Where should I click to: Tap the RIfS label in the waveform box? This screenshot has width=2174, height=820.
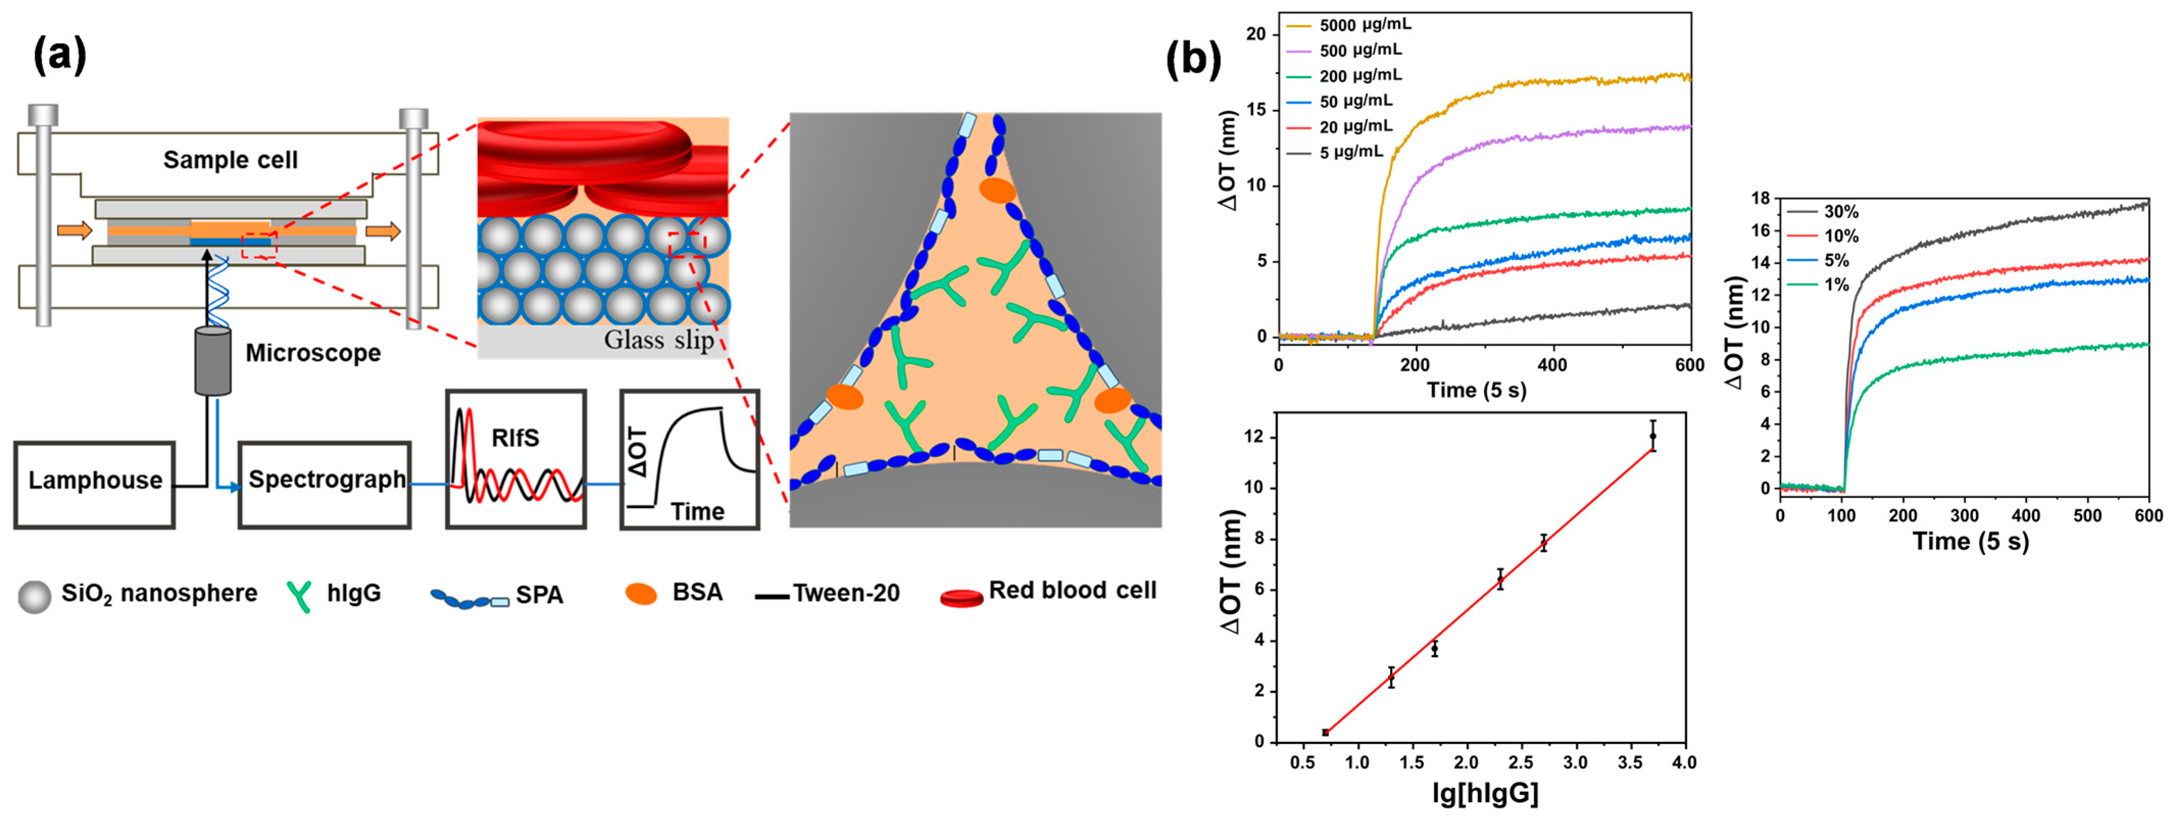tap(515, 438)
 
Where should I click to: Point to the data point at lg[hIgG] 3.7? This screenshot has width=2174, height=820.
tap(1653, 436)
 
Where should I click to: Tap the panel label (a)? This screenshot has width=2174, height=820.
tap(59, 57)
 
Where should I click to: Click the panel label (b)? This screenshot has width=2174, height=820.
tap(1192, 61)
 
